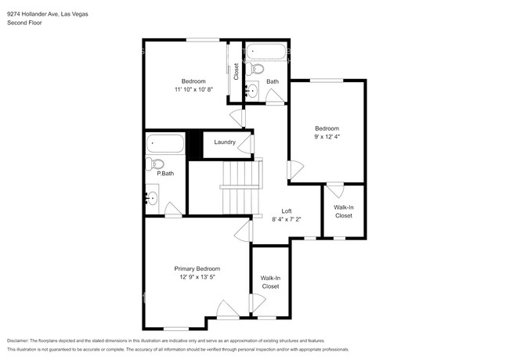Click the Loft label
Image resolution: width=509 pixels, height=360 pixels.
[287, 211]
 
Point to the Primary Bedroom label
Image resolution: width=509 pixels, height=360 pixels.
[197, 268]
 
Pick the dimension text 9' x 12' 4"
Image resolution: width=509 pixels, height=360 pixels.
[327, 136]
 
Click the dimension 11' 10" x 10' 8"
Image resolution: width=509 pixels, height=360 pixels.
[193, 89]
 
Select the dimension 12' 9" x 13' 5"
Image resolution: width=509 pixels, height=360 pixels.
[197, 277]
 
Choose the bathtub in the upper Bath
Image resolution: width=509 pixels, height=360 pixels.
[267, 53]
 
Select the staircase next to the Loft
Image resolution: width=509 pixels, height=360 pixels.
[240, 188]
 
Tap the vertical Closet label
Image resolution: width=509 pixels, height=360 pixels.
[236, 71]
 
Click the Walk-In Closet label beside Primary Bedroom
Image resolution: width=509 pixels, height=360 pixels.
[270, 282]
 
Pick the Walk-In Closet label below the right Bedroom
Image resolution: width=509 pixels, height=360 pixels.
[343, 211]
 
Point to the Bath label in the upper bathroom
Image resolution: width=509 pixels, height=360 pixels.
[272, 81]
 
